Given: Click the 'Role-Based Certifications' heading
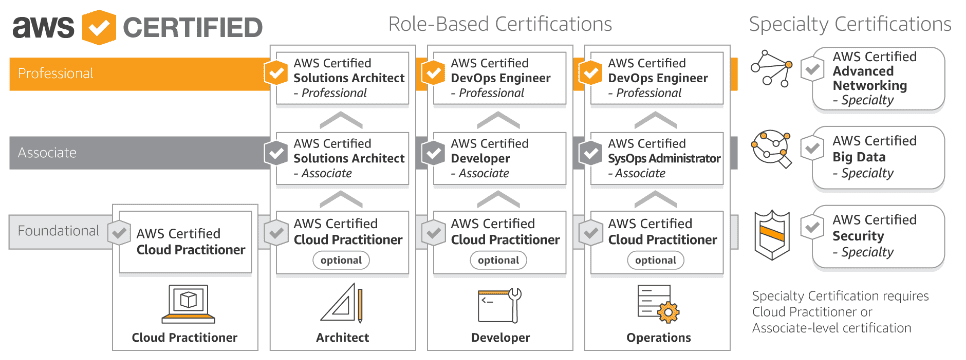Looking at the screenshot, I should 500,23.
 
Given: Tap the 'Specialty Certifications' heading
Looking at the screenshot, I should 850,23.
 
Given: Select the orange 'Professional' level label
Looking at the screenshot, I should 56,73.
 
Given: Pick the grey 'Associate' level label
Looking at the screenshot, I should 47,153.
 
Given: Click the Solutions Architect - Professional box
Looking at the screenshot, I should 341,77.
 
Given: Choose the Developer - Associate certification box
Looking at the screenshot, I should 498,158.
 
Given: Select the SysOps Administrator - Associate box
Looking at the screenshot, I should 655,158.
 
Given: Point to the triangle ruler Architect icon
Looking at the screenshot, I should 340,302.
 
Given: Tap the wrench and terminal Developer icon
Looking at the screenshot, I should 498,302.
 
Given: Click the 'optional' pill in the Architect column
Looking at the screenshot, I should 341,260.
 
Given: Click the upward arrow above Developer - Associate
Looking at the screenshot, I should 498,120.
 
